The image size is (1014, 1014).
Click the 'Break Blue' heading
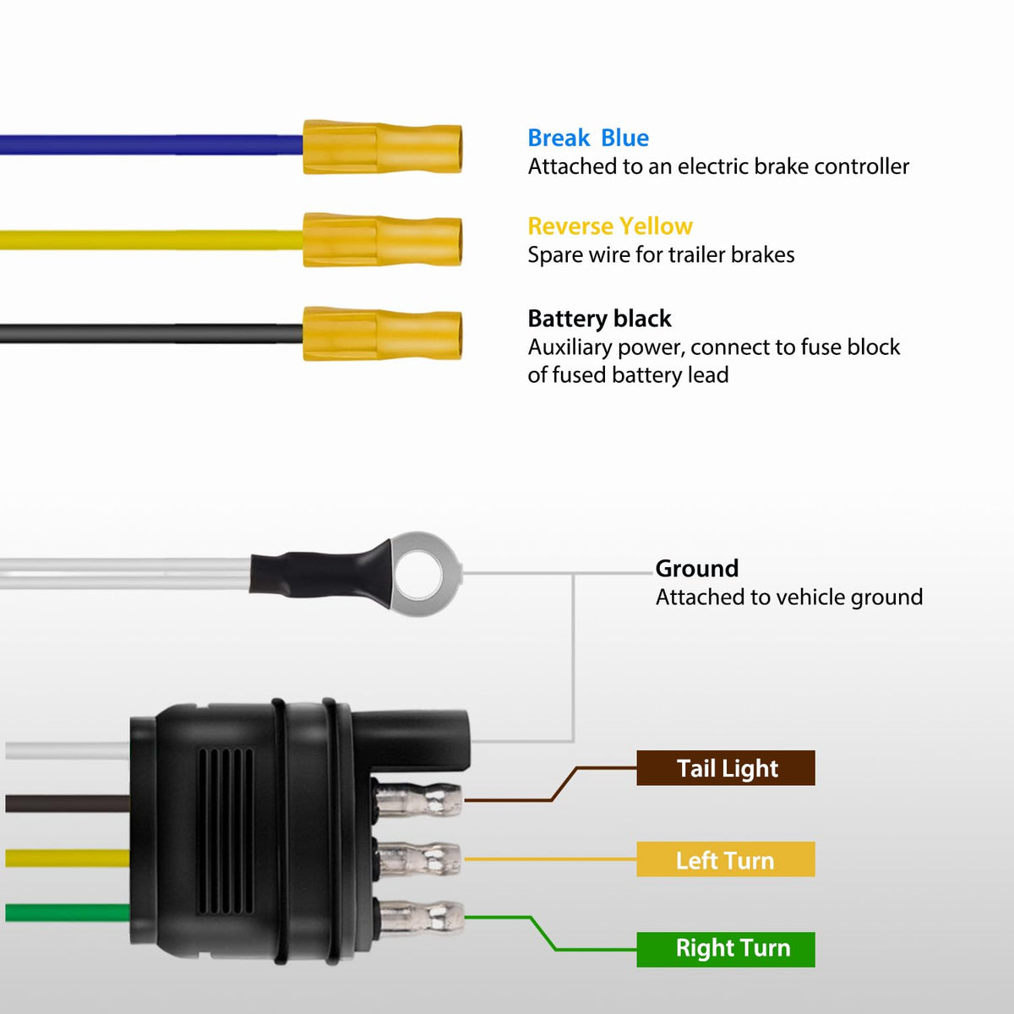tap(588, 138)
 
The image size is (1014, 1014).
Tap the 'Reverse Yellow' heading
tap(610, 226)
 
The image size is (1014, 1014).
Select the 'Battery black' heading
tap(599, 319)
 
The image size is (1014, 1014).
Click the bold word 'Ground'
tap(696, 569)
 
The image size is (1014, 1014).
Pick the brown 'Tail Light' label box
tap(726, 768)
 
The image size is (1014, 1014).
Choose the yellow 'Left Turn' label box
tap(726, 859)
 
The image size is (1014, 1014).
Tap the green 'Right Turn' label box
tap(726, 949)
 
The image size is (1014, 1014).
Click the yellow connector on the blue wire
tap(383, 147)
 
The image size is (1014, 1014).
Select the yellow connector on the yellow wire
tap(383, 240)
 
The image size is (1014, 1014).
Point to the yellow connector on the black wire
tap(383, 334)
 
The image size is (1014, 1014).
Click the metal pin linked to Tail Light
tap(419, 799)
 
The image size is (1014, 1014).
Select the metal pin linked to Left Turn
tap(419, 859)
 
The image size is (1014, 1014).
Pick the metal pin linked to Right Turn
tap(421, 918)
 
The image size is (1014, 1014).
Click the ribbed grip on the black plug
tap(226, 831)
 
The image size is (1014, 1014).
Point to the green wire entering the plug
tap(68, 913)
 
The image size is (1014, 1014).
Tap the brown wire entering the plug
tap(68, 803)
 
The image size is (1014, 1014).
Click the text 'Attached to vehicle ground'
tap(789, 597)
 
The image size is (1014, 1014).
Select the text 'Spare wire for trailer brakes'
tap(661, 254)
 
